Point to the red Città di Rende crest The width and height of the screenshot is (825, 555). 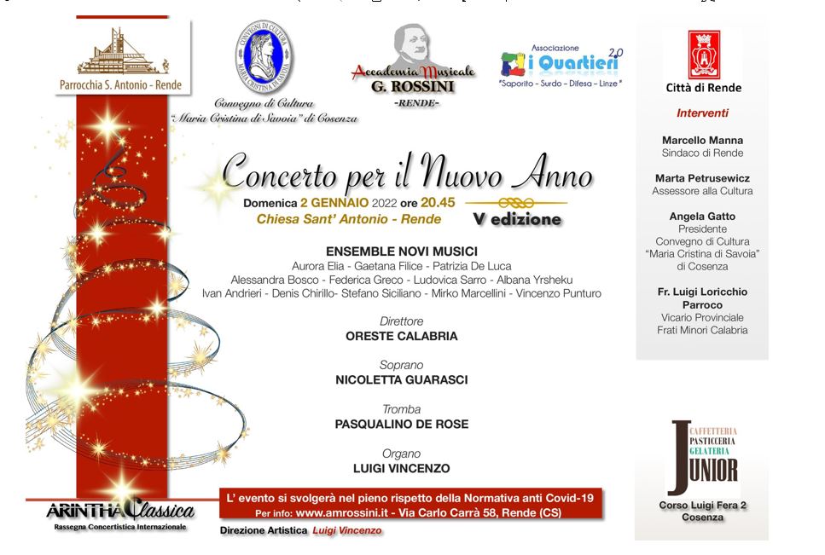(x=704, y=54)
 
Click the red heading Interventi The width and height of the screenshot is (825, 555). (x=702, y=113)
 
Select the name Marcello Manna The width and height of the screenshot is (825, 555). (x=702, y=140)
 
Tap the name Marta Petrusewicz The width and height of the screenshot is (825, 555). (x=703, y=178)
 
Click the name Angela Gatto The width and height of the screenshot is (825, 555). (x=702, y=217)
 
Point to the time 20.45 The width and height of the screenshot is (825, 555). (x=438, y=203)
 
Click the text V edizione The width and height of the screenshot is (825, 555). (x=518, y=219)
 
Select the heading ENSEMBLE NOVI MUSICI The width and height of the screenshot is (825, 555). (x=401, y=251)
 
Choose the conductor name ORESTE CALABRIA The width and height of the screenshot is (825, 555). (x=401, y=336)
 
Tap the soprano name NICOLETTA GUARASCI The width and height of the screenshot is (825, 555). (x=401, y=380)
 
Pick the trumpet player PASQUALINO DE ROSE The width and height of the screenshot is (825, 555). (x=401, y=425)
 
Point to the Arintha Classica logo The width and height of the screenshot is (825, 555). (x=120, y=512)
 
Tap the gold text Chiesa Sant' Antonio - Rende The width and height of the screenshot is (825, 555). (x=349, y=219)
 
